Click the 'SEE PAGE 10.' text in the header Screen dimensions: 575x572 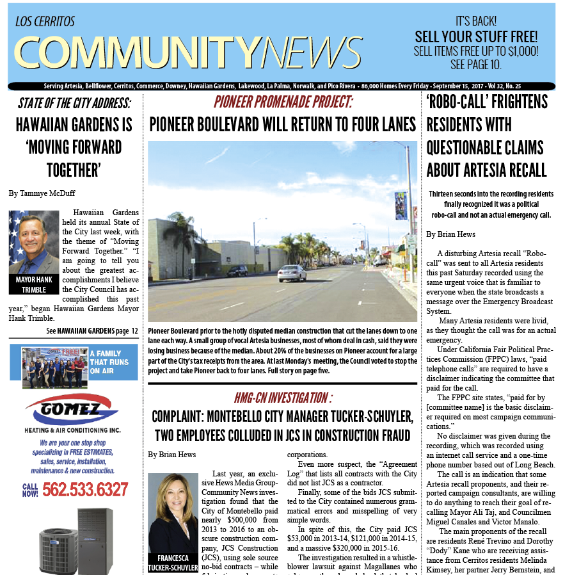[475, 65]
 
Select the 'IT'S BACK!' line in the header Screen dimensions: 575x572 [476, 21]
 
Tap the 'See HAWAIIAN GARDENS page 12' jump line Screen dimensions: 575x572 [92, 331]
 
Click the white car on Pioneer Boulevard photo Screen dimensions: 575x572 [292, 273]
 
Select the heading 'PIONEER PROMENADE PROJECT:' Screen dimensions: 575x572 [282, 102]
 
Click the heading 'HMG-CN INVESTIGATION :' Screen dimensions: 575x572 [282, 398]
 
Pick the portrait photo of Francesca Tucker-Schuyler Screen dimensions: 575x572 [173, 512]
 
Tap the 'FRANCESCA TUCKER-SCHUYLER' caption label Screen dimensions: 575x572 [173, 563]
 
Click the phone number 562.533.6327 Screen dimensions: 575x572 [85, 490]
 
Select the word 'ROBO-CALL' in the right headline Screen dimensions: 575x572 [465, 102]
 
